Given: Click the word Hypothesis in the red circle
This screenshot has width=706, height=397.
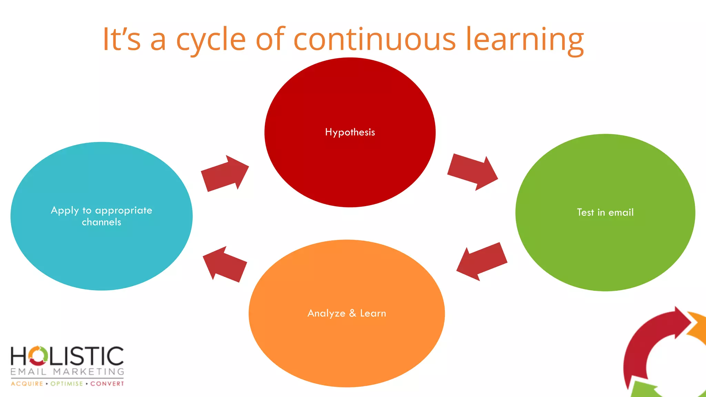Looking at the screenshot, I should (x=350, y=132).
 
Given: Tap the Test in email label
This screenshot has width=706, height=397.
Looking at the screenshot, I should (x=605, y=212).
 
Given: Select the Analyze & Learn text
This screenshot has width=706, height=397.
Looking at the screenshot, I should (x=346, y=313).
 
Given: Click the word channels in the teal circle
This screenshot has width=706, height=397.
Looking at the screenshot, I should (x=101, y=222).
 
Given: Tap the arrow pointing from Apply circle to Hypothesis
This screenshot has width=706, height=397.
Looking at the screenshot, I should (x=225, y=173).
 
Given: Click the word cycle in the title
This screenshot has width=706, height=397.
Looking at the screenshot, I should (x=211, y=40).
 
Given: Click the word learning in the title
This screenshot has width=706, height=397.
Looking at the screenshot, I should (x=525, y=40).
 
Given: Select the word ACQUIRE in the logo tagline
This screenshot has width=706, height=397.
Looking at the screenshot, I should (x=27, y=384).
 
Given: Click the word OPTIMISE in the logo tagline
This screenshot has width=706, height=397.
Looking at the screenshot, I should (x=67, y=384).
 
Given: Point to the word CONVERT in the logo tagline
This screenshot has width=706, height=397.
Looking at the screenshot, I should (x=107, y=384).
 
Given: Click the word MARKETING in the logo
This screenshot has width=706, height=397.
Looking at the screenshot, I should (x=89, y=371).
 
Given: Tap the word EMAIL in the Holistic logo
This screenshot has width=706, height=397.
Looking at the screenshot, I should (x=28, y=371).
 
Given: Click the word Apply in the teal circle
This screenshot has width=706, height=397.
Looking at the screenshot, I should (x=65, y=211).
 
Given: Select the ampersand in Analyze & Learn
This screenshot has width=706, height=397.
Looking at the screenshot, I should (x=352, y=313).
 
